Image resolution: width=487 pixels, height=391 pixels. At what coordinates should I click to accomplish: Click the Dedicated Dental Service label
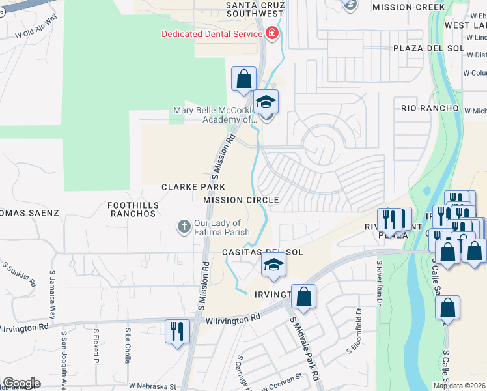tap(212, 33)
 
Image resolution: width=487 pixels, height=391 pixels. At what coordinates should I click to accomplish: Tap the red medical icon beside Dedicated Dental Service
tap(271, 33)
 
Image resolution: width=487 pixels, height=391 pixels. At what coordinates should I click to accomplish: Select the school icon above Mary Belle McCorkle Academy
tap(266, 102)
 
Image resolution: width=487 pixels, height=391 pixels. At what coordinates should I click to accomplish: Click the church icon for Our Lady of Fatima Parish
tap(184, 227)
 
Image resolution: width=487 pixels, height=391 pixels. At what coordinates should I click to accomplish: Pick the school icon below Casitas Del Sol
tap(274, 265)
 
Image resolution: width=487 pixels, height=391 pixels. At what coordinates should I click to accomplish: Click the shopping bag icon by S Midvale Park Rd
tap(303, 297)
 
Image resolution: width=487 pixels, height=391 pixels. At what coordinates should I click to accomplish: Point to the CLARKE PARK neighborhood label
tap(189, 188)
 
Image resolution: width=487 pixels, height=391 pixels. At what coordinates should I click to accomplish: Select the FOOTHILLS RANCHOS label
tap(133, 209)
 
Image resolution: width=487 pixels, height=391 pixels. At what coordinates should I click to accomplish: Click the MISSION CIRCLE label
tap(241, 200)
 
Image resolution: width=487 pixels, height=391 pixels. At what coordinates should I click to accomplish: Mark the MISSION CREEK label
tap(408, 7)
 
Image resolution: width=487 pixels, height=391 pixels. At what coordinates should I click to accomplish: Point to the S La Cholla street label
tap(127, 343)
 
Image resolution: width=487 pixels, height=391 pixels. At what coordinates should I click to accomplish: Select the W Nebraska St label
tap(152, 386)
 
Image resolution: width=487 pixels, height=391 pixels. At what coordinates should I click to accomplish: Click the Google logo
tap(21, 383)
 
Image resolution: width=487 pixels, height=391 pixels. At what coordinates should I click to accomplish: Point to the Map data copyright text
tap(459, 386)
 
